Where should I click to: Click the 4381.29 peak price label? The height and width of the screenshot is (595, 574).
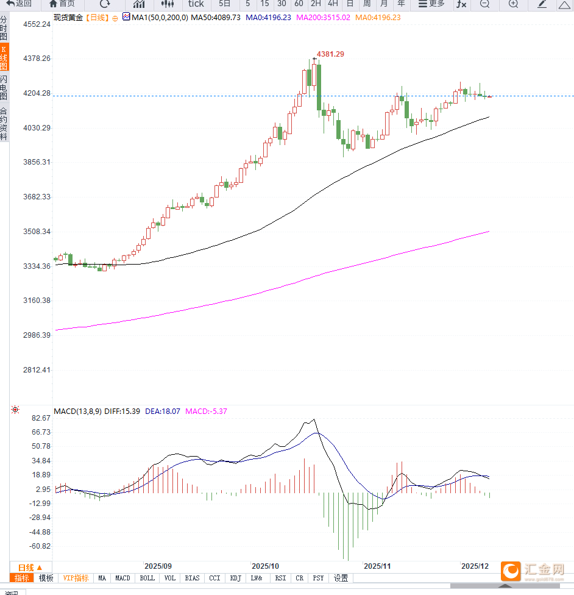(x=330, y=54)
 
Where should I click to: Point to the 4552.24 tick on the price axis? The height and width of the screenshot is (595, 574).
(x=37, y=24)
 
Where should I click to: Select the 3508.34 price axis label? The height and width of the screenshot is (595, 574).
(x=37, y=232)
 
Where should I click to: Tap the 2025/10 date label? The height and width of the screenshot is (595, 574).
(x=265, y=566)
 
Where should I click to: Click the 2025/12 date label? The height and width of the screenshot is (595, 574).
(x=475, y=566)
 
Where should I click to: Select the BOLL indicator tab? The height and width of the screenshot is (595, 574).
(x=147, y=578)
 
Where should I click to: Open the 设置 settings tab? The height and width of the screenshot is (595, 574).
(x=341, y=578)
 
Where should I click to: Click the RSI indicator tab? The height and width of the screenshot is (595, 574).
(x=280, y=578)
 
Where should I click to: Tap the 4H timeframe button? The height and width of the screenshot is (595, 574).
(x=333, y=4)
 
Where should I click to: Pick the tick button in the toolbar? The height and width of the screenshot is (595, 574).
(x=196, y=4)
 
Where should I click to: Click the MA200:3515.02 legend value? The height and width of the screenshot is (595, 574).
(x=323, y=18)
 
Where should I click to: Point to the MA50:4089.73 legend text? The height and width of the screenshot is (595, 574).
(x=216, y=18)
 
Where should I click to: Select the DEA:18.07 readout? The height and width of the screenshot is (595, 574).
(x=162, y=412)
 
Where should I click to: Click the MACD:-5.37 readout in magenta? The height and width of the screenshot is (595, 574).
(x=206, y=412)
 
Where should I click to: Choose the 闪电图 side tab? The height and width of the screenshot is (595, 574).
(x=4, y=88)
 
